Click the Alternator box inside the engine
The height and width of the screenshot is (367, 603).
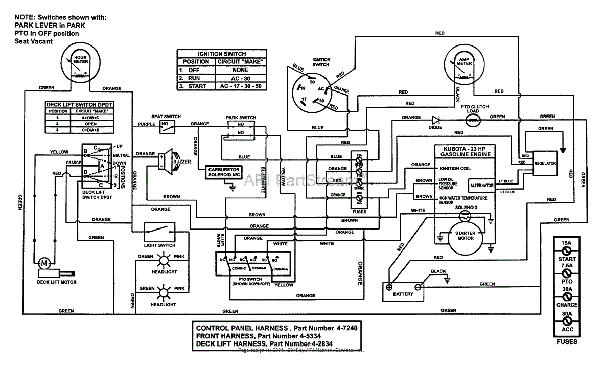click(x=482, y=185)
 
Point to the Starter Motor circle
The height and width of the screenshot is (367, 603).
click(x=465, y=236)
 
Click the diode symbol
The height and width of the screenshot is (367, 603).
click(x=435, y=120)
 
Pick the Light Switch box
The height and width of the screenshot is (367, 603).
click(x=159, y=232)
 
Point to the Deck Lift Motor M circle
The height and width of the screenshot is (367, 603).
click(x=43, y=263)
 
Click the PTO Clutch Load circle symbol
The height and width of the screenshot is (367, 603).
click(x=474, y=120)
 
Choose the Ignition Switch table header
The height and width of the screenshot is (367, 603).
click(x=222, y=54)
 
